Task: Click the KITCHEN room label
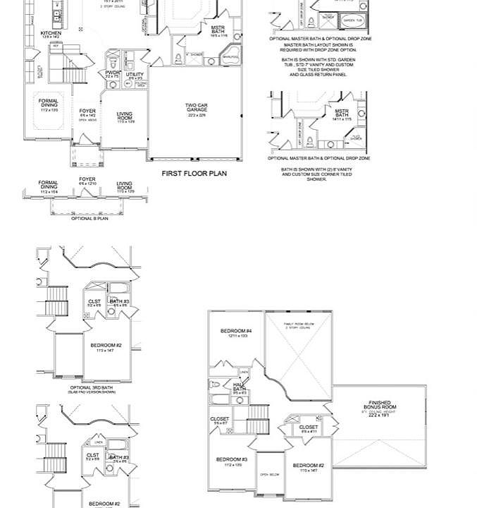click(51, 33)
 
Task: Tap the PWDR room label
click(113, 73)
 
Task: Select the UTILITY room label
click(135, 74)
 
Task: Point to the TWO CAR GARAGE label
click(197, 108)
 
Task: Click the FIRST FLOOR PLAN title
click(194, 173)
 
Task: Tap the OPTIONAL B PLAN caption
click(89, 219)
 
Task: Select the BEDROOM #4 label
click(236, 331)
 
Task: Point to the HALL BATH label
click(240, 387)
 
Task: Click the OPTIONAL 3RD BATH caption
click(91, 387)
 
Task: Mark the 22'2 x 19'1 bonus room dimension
click(379, 415)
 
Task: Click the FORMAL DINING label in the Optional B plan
click(49, 186)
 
